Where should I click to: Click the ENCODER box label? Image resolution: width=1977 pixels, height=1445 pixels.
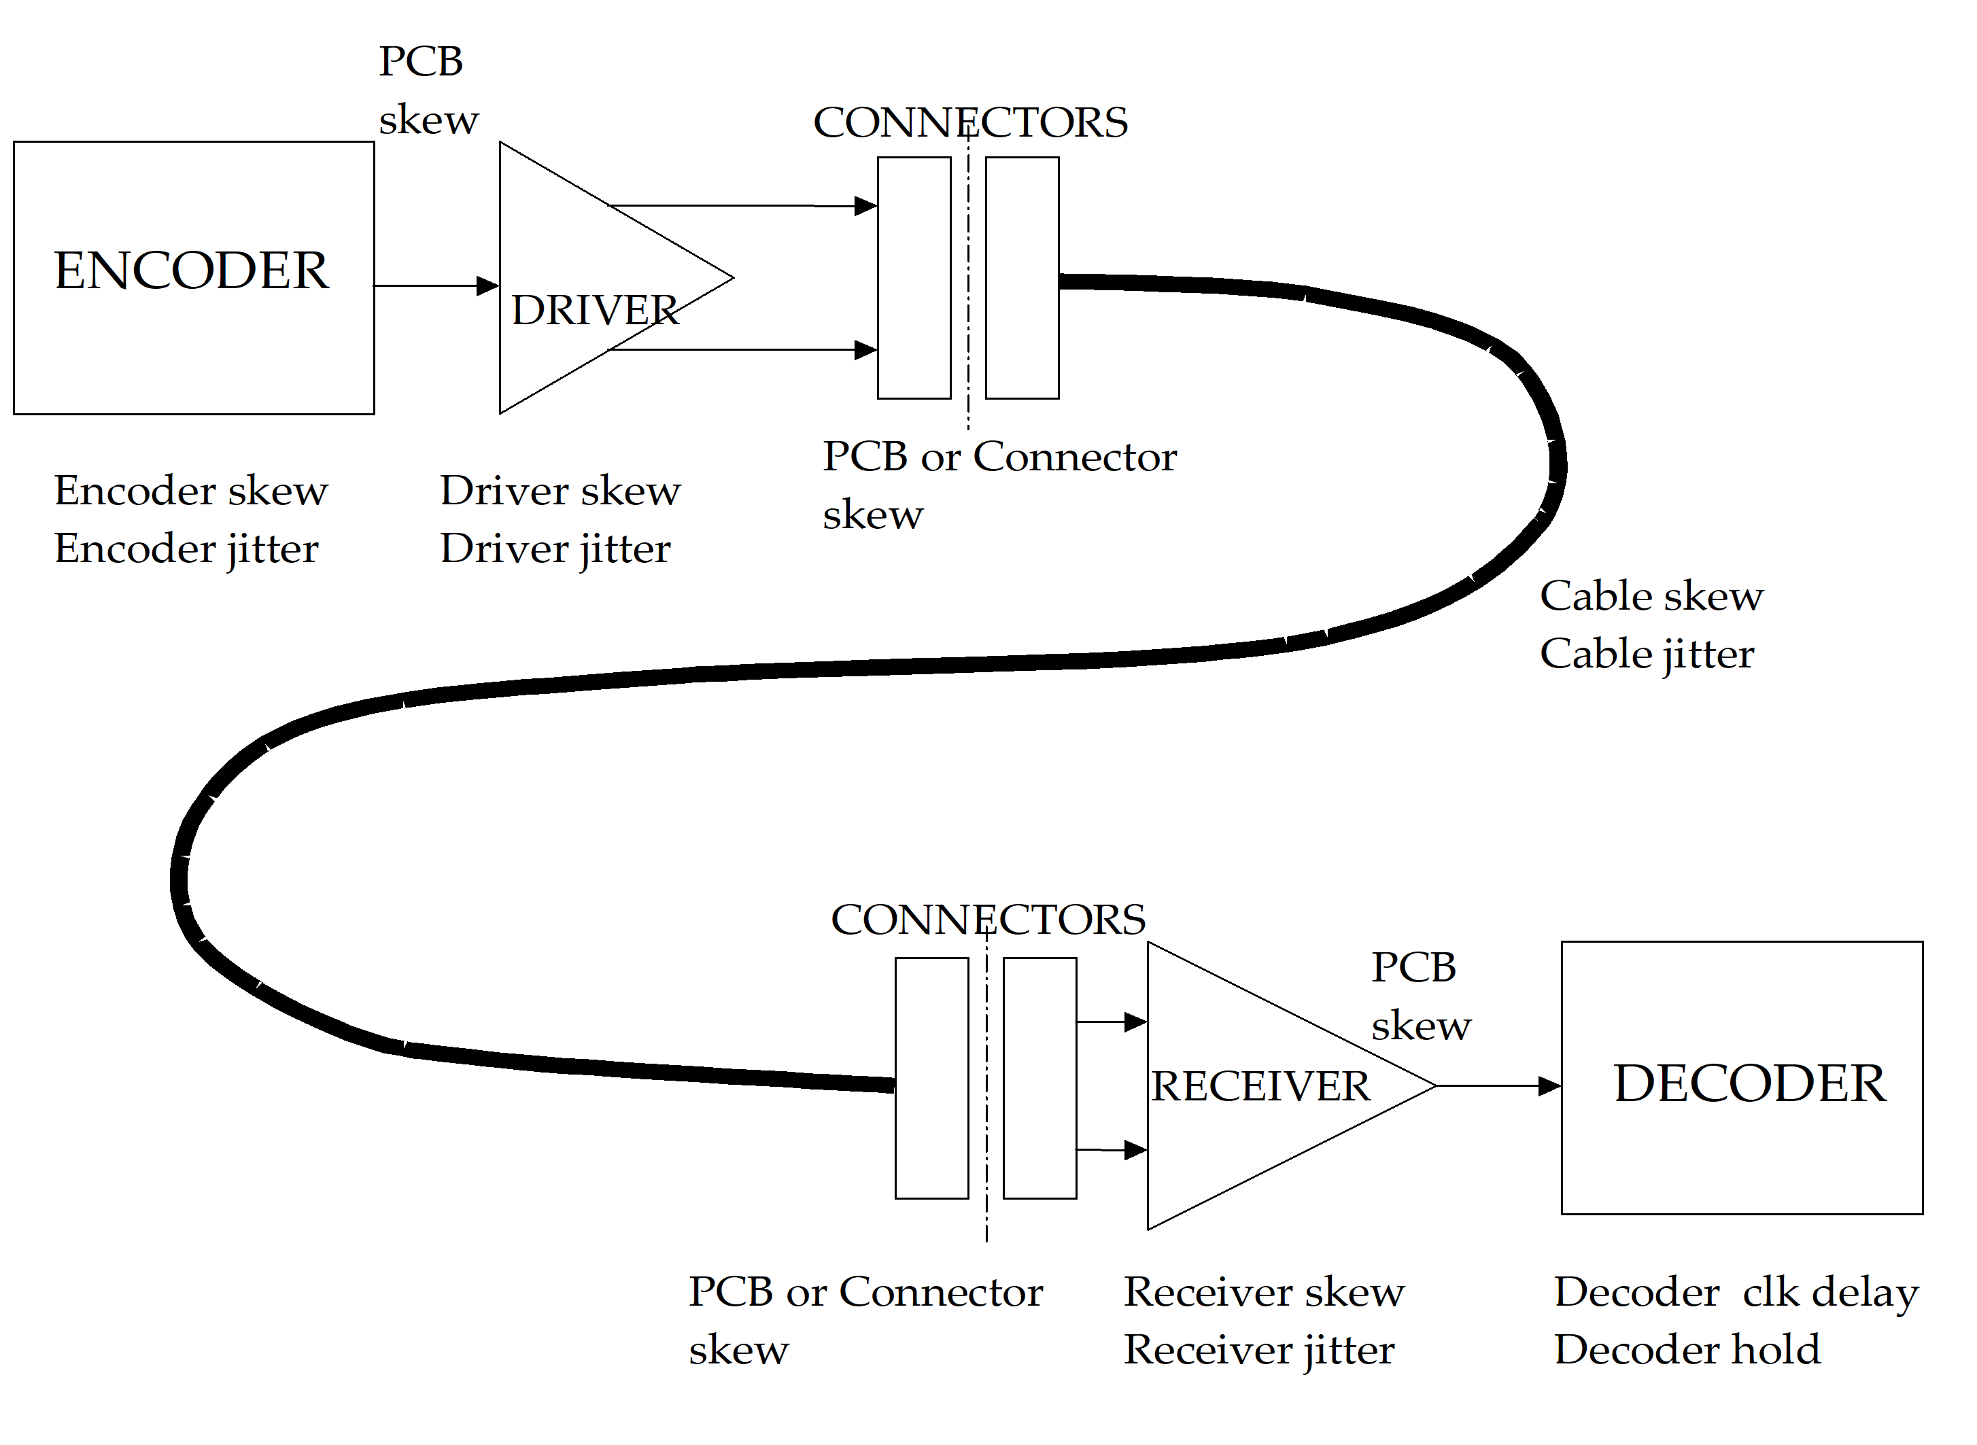coord(192,271)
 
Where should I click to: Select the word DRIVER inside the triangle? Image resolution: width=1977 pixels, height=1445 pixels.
coord(595,311)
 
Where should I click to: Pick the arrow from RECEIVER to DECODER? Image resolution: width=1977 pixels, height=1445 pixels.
coord(1498,1085)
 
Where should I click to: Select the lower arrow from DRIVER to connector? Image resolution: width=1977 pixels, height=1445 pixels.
coord(744,350)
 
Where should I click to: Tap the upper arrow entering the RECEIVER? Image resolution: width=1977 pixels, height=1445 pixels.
coord(1111,1021)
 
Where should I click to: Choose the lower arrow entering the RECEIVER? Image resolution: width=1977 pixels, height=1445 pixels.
coord(1111,1150)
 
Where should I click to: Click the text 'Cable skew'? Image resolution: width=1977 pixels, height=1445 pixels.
coord(1651,597)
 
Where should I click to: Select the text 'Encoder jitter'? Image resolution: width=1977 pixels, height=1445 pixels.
coord(186,549)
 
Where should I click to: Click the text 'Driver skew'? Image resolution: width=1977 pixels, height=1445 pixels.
coord(560,491)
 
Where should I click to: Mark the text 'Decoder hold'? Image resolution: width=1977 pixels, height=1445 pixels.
coord(1687,1350)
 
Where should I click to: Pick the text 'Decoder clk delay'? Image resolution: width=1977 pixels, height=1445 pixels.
coord(1736,1293)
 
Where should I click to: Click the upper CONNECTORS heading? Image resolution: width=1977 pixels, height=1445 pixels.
coord(970,122)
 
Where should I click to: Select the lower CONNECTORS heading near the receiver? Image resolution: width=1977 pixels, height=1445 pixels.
coord(988,920)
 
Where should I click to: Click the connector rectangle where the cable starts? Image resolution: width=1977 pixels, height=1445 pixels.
coord(1022,278)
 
